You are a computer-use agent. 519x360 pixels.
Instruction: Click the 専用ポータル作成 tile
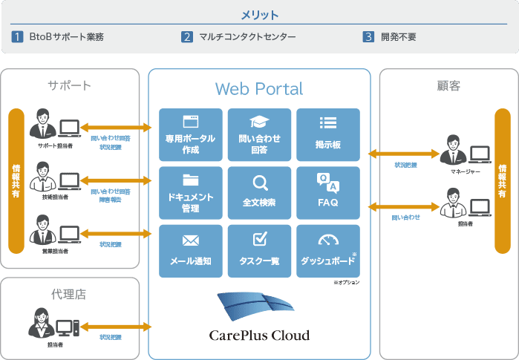(x=191, y=135)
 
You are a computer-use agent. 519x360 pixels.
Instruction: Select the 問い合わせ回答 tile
(x=259, y=135)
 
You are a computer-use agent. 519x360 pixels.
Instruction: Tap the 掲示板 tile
(x=327, y=135)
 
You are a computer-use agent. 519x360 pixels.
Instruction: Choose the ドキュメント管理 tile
(x=191, y=192)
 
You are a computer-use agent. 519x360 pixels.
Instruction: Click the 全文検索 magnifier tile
(x=259, y=192)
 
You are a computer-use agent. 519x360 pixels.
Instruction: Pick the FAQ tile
(x=327, y=192)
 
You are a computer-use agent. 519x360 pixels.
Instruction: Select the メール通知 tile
(x=191, y=250)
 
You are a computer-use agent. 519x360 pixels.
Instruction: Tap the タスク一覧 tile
(x=259, y=250)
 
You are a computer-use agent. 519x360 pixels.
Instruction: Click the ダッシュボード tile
(x=327, y=250)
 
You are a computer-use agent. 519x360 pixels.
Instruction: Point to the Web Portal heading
(x=259, y=89)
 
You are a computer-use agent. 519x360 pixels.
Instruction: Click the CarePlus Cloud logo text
(x=259, y=335)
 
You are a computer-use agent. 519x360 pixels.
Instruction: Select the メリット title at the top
(x=259, y=15)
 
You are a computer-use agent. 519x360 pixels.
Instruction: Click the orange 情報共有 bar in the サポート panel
(x=16, y=181)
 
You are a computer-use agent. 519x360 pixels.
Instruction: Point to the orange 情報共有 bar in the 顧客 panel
(x=503, y=181)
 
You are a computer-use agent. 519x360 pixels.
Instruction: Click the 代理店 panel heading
(x=69, y=294)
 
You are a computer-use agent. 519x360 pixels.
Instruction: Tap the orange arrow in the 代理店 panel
(x=117, y=327)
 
